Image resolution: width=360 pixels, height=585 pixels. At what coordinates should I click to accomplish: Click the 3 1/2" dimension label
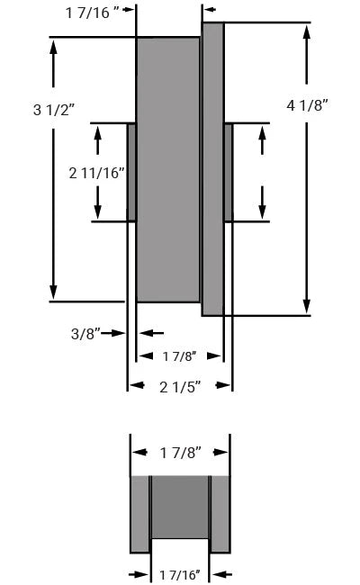[x=53, y=111]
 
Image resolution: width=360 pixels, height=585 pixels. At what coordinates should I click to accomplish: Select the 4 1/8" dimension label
[x=308, y=105]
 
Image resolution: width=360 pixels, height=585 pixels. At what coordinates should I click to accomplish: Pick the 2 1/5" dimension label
[x=179, y=386]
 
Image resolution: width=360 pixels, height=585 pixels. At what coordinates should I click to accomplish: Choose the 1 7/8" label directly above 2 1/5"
[x=179, y=356]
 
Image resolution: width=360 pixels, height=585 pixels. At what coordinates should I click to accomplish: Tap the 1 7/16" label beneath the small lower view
[x=179, y=572]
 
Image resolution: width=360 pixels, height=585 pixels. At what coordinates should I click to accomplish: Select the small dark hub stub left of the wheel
[x=131, y=172]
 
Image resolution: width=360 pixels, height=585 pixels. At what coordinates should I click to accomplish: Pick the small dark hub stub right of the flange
[x=228, y=172]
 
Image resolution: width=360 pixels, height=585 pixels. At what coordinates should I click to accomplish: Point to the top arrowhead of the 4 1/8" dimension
[x=308, y=32]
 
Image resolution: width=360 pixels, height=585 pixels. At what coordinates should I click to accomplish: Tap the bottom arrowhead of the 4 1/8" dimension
[x=308, y=306]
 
